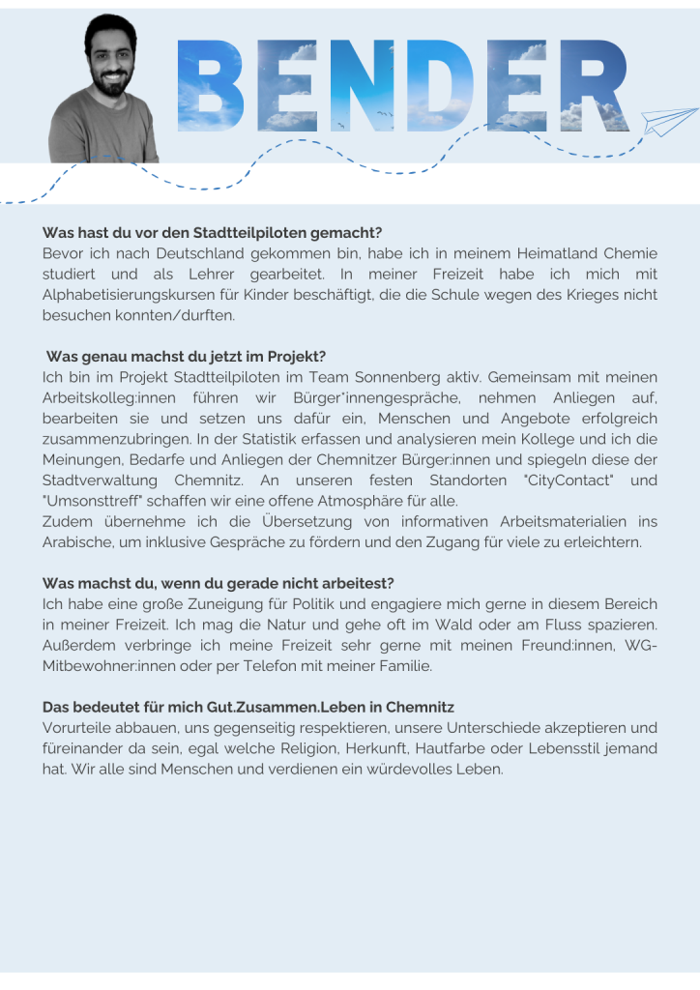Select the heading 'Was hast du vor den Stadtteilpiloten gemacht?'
pos(213,233)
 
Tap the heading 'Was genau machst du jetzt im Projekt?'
pos(192,357)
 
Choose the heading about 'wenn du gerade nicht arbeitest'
pos(219,583)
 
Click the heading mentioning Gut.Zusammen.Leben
pos(248,707)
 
